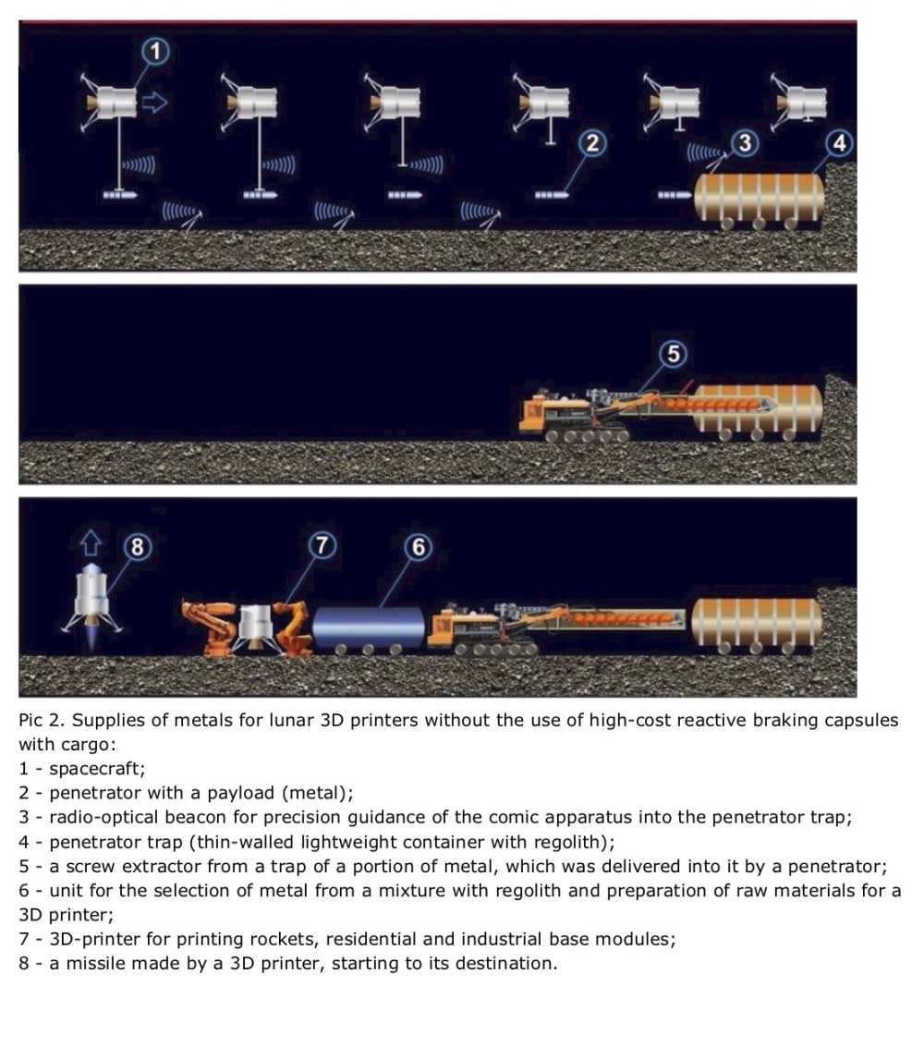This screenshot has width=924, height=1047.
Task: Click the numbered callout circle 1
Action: [x=155, y=52]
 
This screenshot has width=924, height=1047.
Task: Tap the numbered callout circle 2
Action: [x=592, y=143]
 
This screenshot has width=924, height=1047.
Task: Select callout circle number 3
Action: [x=745, y=142]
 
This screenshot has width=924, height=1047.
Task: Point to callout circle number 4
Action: [x=839, y=143]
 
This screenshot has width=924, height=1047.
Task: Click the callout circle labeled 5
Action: [x=674, y=354]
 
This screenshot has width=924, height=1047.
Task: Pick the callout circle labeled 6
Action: [x=418, y=547]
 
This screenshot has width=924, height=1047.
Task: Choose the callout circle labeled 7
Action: [x=322, y=545]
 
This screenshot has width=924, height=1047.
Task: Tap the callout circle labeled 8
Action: [x=138, y=547]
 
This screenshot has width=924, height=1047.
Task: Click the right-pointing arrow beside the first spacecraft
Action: [x=155, y=103]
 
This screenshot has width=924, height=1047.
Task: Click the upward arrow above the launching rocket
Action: [x=91, y=542]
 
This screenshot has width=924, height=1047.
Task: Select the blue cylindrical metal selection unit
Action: [x=369, y=628]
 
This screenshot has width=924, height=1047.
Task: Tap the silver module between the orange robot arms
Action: [x=255, y=627]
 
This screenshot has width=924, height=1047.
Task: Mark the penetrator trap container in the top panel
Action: [x=760, y=200]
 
